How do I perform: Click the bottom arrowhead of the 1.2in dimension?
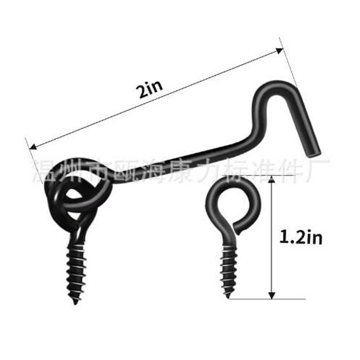(x=272, y=296)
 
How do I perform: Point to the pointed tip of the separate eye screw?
(x=229, y=296)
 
